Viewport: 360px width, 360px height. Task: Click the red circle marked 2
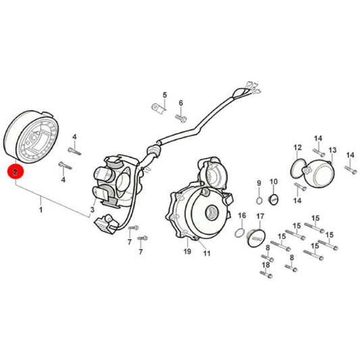click(x=15, y=172)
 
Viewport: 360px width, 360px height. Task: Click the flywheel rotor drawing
click(x=32, y=137)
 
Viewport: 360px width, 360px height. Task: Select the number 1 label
click(x=41, y=209)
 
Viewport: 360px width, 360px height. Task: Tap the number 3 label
click(x=93, y=209)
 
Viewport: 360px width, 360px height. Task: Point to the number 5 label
click(x=165, y=95)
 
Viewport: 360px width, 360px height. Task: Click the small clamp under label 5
click(x=159, y=109)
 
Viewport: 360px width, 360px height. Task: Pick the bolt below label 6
click(x=181, y=119)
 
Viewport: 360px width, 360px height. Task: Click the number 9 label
click(x=259, y=183)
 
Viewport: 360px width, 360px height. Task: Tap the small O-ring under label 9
click(x=259, y=201)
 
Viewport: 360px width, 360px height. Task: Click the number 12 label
click(x=298, y=147)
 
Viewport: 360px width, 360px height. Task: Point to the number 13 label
click(x=332, y=150)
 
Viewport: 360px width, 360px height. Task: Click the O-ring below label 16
click(x=239, y=233)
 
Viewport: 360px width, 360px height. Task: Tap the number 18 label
click(x=266, y=265)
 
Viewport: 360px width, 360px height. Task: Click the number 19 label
click(x=187, y=251)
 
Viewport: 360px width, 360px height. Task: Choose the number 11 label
click(x=207, y=253)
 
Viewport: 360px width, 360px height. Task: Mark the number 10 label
click(x=274, y=182)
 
